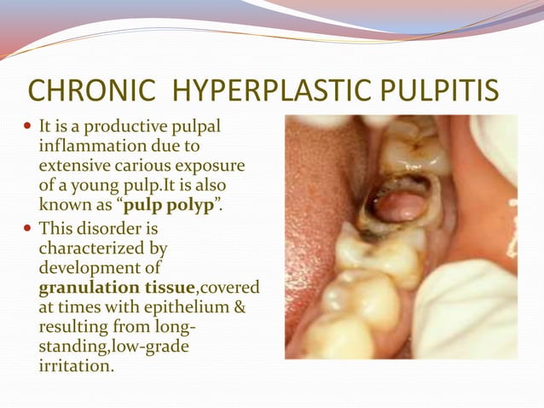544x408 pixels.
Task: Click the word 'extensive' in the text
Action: coord(75,166)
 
